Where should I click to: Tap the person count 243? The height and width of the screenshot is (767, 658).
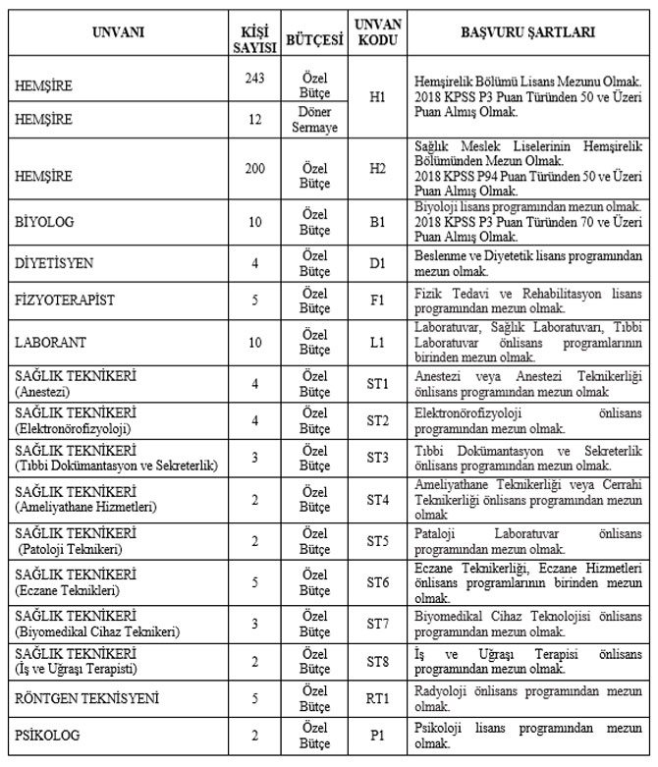click(x=254, y=78)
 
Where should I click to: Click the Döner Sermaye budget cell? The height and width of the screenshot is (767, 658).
click(x=313, y=120)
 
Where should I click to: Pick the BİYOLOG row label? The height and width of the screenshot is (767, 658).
click(x=44, y=222)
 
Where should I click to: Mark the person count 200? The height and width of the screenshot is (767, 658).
click(x=254, y=168)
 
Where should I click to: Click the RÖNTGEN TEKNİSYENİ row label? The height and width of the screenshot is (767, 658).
click(x=81, y=698)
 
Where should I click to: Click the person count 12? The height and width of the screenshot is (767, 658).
click(x=254, y=120)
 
